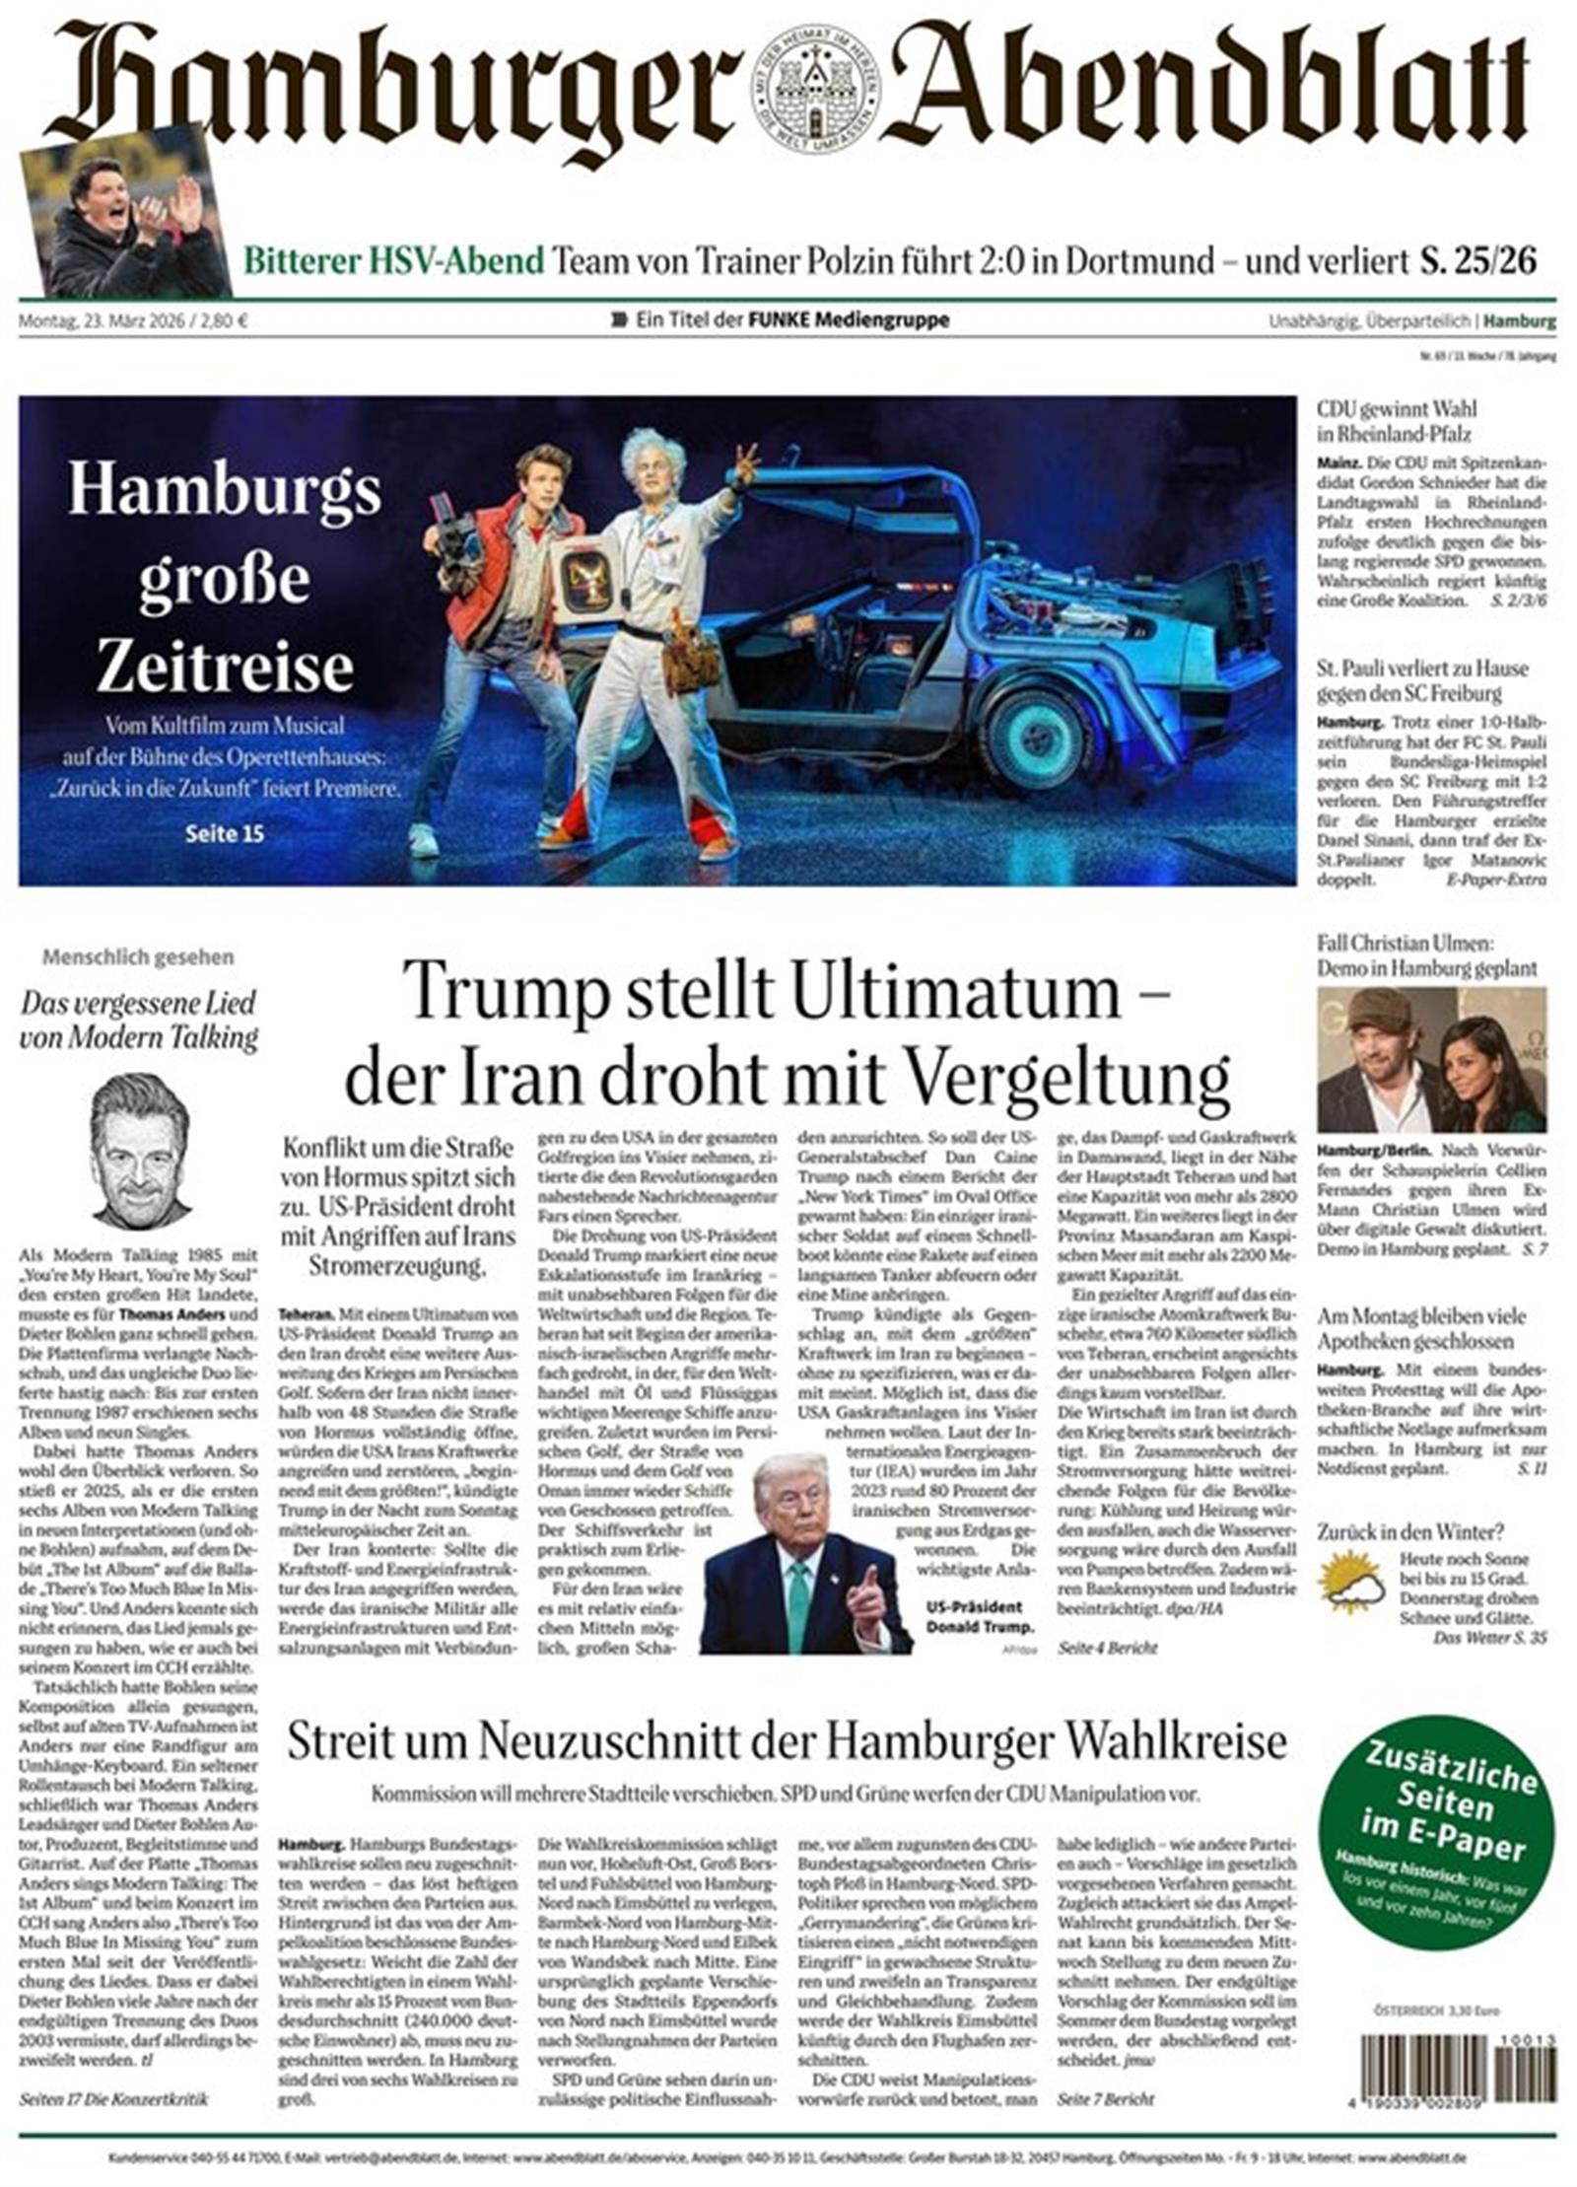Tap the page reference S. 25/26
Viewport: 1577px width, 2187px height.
pos(1477,260)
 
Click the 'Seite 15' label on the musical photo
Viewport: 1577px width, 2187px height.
pos(225,833)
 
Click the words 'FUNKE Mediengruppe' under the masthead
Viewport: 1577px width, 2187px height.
pos(849,319)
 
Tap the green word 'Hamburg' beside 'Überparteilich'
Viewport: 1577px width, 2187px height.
pos(1520,320)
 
